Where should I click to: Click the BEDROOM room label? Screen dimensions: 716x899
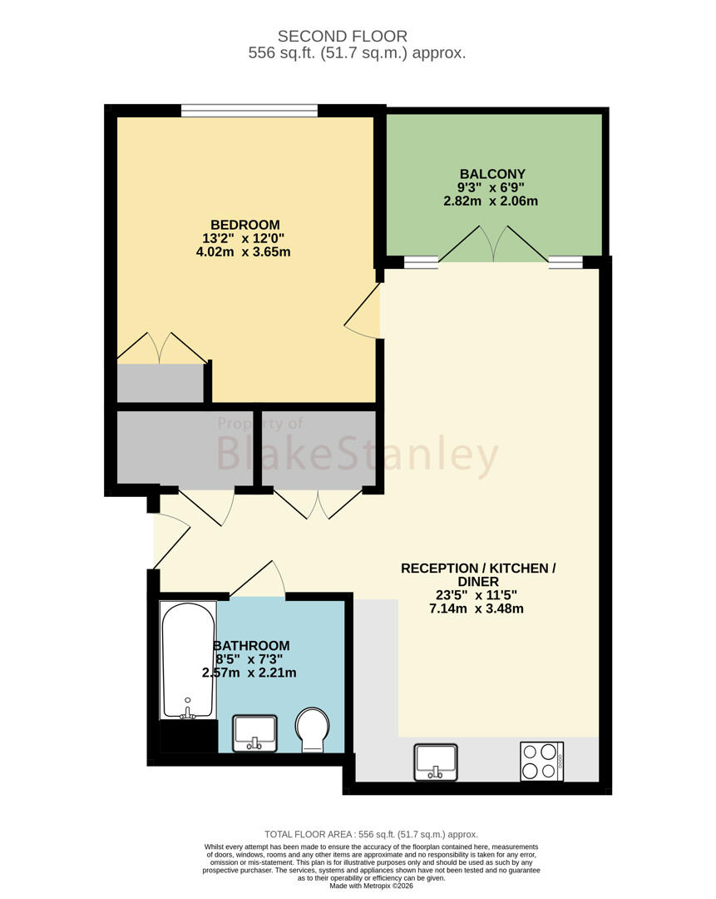[x=245, y=225]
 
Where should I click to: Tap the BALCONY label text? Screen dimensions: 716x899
[x=492, y=174]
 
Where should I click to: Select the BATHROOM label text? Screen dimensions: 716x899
[x=251, y=646]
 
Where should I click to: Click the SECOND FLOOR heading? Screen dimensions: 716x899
[x=343, y=36]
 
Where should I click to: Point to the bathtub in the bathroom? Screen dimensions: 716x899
[x=188, y=660]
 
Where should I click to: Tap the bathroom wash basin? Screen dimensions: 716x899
[x=255, y=733]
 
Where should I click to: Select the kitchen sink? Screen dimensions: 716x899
[x=437, y=762]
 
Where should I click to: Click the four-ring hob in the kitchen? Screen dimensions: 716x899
[x=542, y=762]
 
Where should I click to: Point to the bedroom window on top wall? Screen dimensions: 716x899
[x=249, y=111]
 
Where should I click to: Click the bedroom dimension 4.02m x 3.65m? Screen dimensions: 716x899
[x=244, y=251]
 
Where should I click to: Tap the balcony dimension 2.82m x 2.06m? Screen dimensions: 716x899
[x=491, y=201]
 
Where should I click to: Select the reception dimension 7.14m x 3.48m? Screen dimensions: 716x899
[x=477, y=608]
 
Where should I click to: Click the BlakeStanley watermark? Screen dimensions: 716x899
[x=357, y=454]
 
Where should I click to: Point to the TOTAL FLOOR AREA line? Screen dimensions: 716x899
[x=371, y=835]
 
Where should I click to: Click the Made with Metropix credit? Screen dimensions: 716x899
[x=371, y=886]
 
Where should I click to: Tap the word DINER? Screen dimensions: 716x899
[x=478, y=582]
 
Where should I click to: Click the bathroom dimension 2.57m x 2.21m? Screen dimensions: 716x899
[x=249, y=673]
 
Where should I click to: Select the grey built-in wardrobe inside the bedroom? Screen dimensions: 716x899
[x=160, y=383]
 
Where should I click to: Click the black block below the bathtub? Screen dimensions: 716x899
[x=189, y=737]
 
